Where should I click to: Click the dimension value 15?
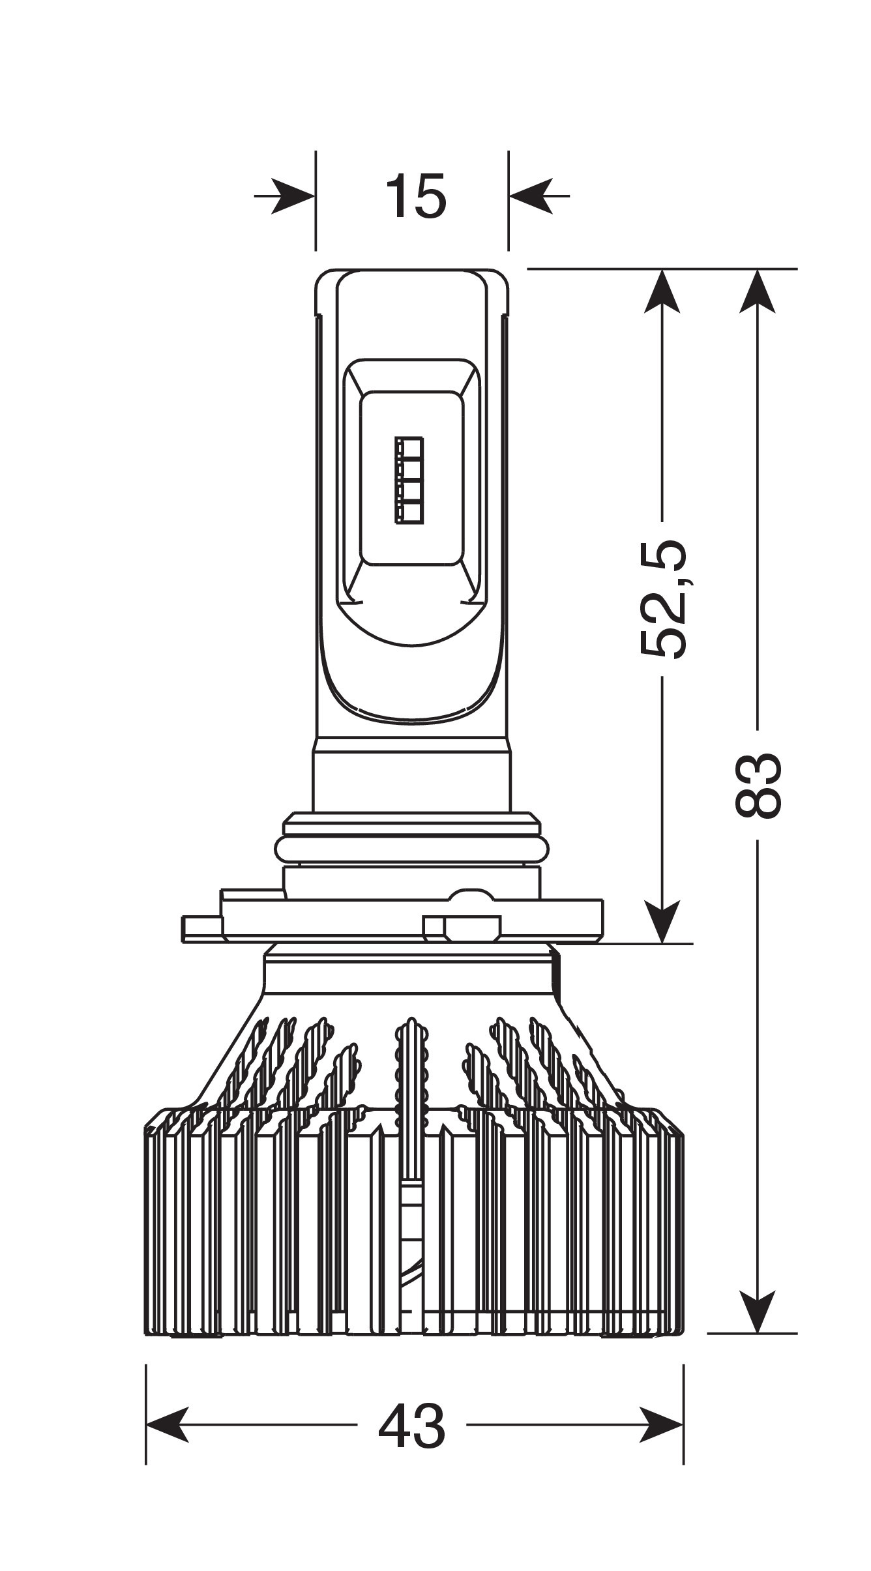tap(416, 196)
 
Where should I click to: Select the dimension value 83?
tap(758, 785)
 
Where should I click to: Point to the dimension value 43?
tap(412, 1426)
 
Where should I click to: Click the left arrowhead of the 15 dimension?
tap(293, 195)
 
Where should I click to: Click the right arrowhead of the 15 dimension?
tap(531, 195)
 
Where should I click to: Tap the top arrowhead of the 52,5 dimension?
tap(662, 291)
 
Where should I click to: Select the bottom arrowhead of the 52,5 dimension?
tap(662, 922)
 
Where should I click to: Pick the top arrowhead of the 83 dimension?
tap(758, 291)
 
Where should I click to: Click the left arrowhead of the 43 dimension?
tap(168, 1425)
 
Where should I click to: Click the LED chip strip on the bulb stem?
tap(409, 480)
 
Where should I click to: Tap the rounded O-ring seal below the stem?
tap(411, 850)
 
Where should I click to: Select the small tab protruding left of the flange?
tap(202, 929)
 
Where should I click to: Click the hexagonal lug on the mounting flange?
tap(472, 928)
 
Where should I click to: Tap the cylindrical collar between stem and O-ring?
tap(411, 775)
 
